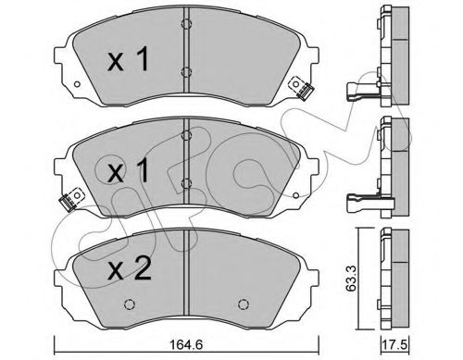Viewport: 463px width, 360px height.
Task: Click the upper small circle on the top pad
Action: pos(186,23)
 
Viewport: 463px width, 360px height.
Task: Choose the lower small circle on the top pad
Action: pos(186,74)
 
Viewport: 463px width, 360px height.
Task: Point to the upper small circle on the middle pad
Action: pos(186,134)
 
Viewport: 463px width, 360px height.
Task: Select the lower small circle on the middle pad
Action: pos(186,183)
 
